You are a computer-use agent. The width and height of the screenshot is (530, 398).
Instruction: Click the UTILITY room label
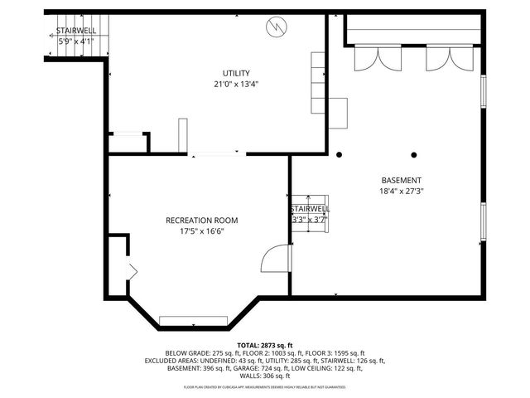pyautogui.click(x=236, y=73)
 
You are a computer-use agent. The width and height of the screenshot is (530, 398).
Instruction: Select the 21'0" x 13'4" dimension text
pyautogui.click(x=236, y=84)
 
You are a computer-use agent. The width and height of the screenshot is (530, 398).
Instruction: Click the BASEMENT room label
pyautogui.click(x=401, y=181)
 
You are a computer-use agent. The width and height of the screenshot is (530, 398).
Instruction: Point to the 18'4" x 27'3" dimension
pyautogui.click(x=401, y=192)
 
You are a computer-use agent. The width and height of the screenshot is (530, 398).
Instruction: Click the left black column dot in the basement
pyautogui.click(x=339, y=154)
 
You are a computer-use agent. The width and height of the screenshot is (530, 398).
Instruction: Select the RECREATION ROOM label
pyautogui.click(x=201, y=220)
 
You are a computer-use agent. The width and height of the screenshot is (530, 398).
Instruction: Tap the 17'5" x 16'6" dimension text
pyautogui.click(x=201, y=231)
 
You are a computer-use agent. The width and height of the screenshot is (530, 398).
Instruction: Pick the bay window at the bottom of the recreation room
pyautogui.click(x=194, y=320)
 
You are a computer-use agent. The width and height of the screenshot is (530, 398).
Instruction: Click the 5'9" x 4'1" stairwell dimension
pyautogui.click(x=75, y=40)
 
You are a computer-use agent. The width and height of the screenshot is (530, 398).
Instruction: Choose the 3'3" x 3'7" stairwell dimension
pyautogui.click(x=309, y=220)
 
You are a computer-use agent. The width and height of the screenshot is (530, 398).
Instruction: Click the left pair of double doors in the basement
pyautogui.click(x=369, y=61)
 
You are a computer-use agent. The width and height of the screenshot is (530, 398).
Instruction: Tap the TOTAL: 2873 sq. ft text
pyautogui.click(x=265, y=345)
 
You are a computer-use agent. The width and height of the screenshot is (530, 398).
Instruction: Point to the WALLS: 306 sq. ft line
pyautogui.click(x=265, y=376)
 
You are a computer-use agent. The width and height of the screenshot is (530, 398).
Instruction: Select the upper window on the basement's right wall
pyautogui.click(x=484, y=91)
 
